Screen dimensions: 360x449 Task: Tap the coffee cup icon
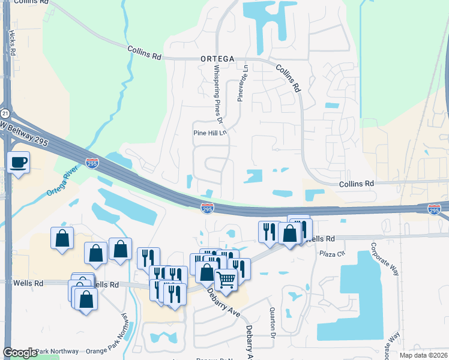(x=19, y=161)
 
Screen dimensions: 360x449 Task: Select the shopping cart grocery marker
(x=226, y=279)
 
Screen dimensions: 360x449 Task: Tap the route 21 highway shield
(x=5, y=113)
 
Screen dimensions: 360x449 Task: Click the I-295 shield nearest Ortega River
(x=91, y=163)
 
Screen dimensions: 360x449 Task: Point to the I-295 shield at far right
(x=435, y=209)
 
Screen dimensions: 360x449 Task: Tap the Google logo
(x=20, y=353)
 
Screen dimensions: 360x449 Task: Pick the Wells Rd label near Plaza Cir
(x=321, y=239)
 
